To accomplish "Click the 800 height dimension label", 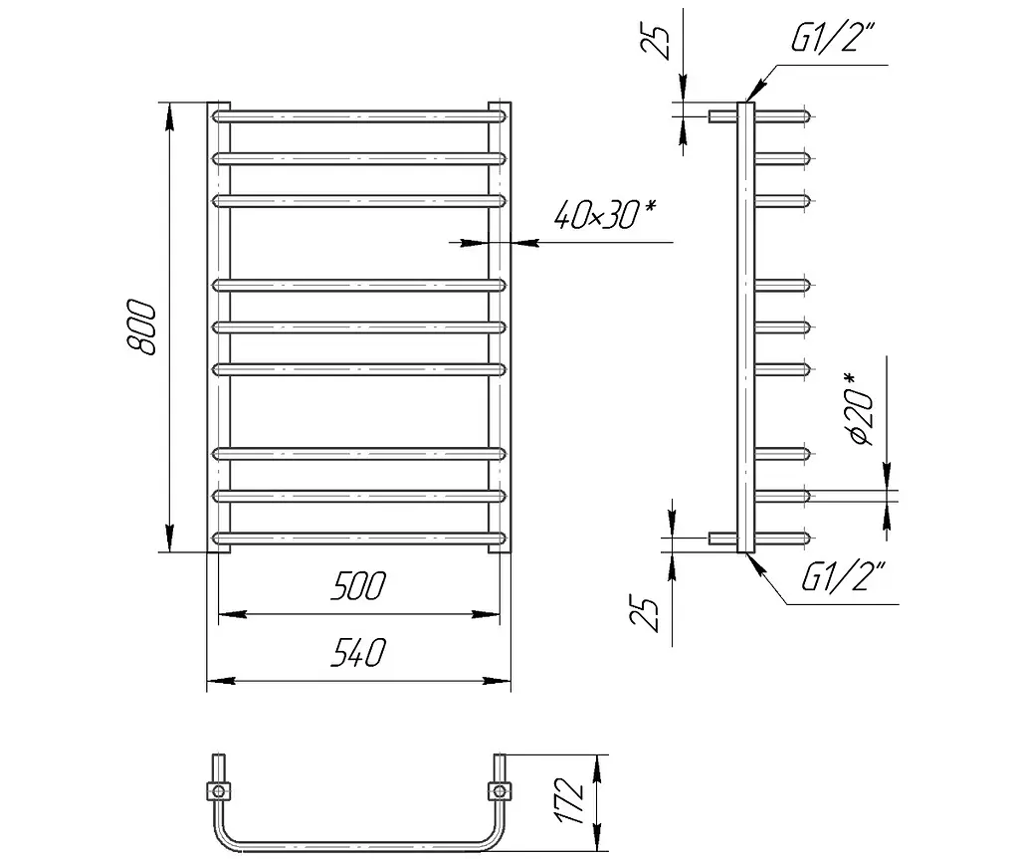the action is click(x=141, y=327).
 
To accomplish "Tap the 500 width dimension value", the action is click(x=358, y=585).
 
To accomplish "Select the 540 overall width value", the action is click(x=358, y=652).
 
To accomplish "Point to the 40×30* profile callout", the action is click(x=605, y=214).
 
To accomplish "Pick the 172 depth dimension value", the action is click(x=570, y=800).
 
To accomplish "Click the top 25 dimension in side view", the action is click(x=655, y=43).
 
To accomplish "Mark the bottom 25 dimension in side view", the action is click(x=645, y=614).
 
